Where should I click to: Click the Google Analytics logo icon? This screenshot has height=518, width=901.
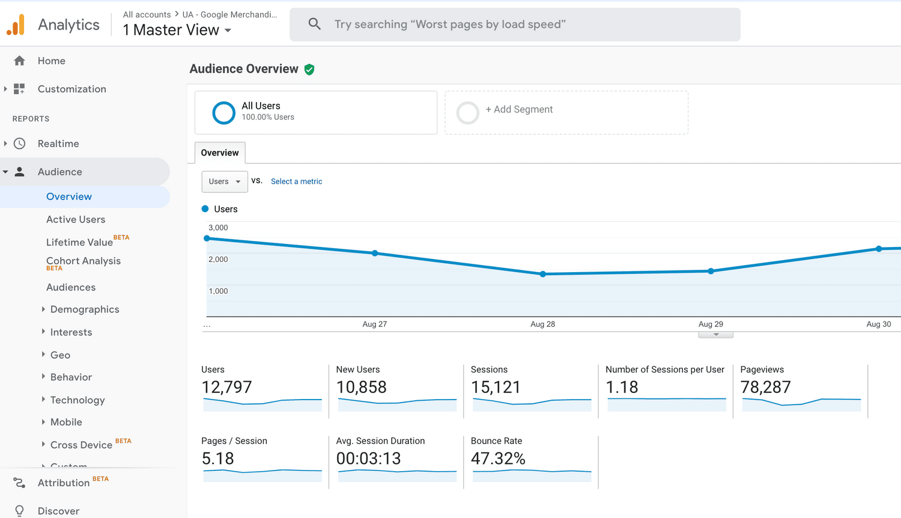[16, 25]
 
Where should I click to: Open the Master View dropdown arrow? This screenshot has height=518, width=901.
[228, 31]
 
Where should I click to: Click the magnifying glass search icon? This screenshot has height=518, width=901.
[314, 24]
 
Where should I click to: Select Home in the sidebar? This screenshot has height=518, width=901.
[51, 61]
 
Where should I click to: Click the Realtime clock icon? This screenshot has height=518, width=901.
[20, 144]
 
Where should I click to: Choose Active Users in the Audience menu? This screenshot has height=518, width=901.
[76, 219]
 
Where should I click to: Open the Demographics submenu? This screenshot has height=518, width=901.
[85, 309]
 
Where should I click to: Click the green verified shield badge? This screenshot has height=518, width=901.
[309, 70]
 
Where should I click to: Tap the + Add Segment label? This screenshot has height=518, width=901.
[519, 109]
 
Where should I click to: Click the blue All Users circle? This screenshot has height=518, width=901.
[223, 112]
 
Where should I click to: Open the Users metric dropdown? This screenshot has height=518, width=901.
[224, 181]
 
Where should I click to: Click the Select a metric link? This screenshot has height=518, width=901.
[296, 181]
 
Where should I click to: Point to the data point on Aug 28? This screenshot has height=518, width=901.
[543, 274]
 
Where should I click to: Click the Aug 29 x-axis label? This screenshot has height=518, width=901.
[711, 324]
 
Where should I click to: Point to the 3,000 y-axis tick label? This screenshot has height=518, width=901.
[218, 228]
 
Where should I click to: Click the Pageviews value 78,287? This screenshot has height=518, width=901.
[765, 388]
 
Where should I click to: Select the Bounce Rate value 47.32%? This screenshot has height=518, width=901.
[498, 459]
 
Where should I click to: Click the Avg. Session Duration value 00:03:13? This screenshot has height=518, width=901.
[368, 459]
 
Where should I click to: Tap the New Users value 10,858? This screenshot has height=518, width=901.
[361, 388]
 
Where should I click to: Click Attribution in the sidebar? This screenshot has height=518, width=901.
[63, 483]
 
